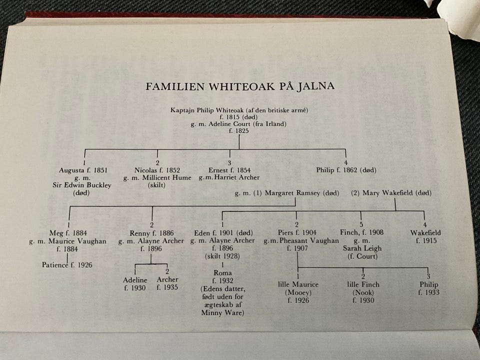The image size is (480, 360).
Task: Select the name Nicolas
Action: pyautogui.click(x=145, y=170)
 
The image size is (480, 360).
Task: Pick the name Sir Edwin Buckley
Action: pyautogui.click(x=81, y=185)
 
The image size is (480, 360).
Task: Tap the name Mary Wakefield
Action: pyautogui.click(x=387, y=193)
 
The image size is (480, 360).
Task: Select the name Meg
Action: pyautogui.click(x=56, y=233)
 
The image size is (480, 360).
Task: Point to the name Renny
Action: pyautogui.click(x=139, y=233)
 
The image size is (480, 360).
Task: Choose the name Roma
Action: pyautogui.click(x=222, y=273)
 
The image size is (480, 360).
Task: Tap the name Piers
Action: pyautogui.click(x=285, y=232)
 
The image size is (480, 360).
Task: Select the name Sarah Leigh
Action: pyautogui.click(x=362, y=248)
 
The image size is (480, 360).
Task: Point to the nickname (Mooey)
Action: pyautogui.click(x=298, y=292)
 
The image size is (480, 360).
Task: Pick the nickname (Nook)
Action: pyautogui.click(x=363, y=292)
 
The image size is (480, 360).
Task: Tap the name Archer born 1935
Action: pyautogui.click(x=167, y=279)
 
